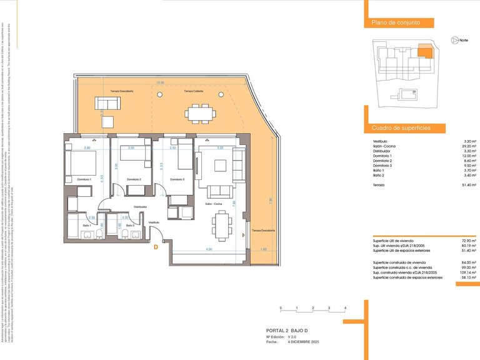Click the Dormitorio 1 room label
point(84,179)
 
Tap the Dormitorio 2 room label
point(134,179)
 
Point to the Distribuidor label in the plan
point(140,207)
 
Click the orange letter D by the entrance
point(156,247)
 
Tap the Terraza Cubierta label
point(193,91)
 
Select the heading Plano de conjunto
point(392,22)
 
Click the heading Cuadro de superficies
point(401,127)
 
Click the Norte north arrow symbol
point(454,40)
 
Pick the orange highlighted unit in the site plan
point(424,52)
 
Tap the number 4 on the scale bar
point(345,308)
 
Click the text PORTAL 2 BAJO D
point(287,331)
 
